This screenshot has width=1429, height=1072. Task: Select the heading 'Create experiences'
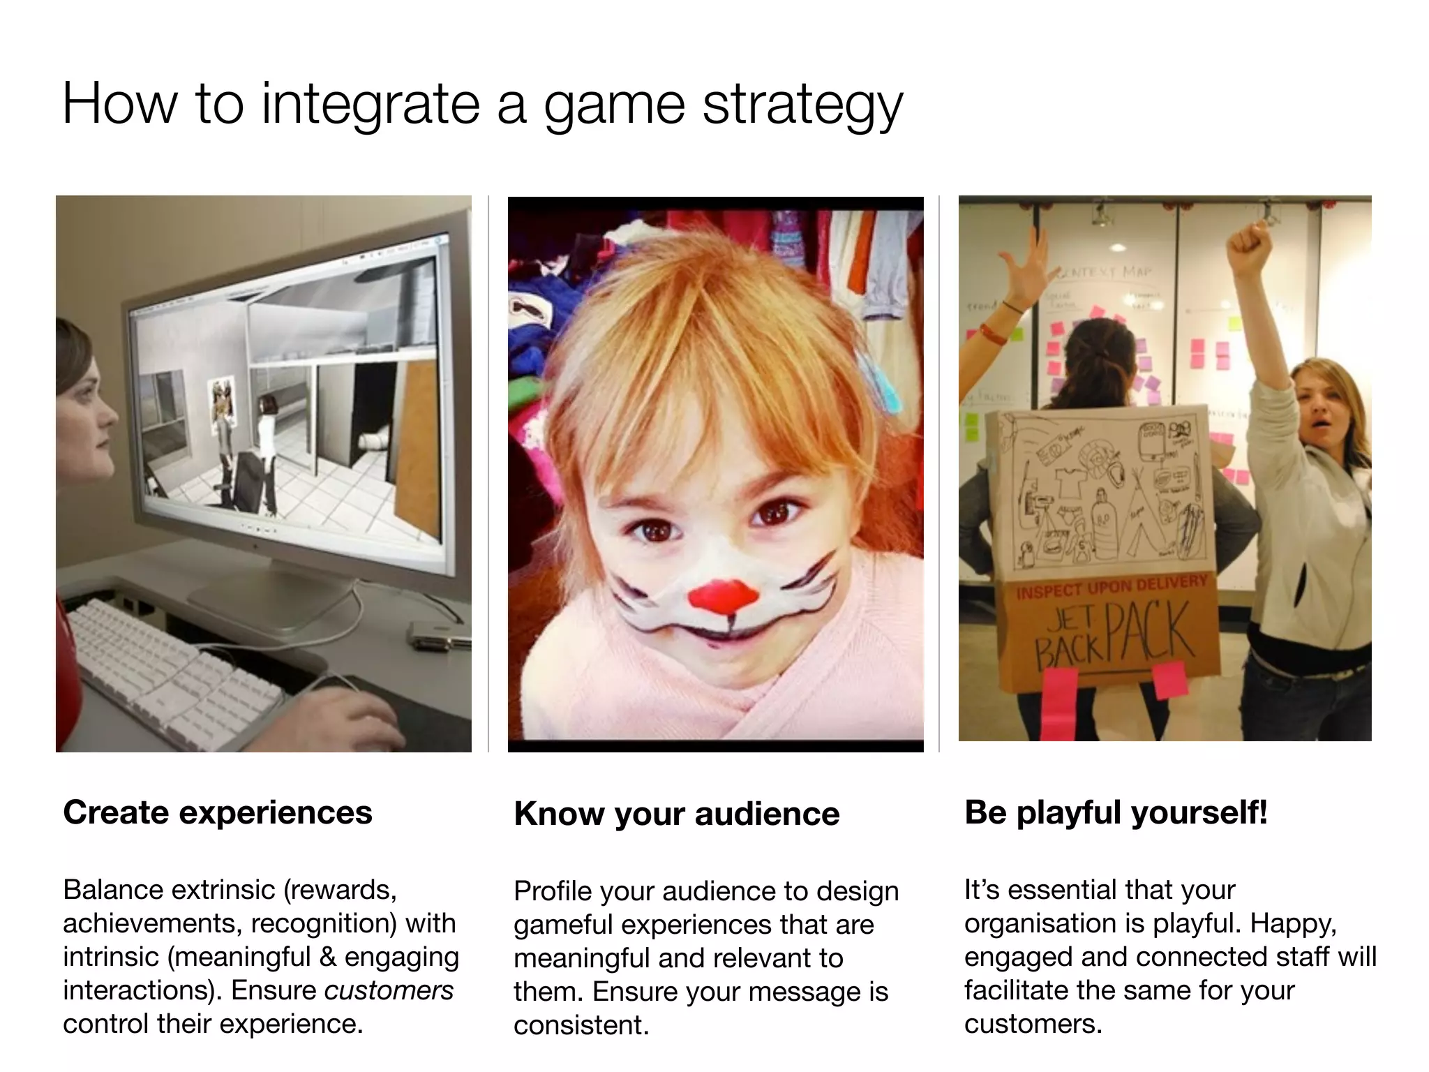[218, 812]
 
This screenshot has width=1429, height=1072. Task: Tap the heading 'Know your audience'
[677, 814]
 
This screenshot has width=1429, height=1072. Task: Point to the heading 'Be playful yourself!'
[1116, 812]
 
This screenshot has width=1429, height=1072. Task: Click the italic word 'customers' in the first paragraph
[389, 990]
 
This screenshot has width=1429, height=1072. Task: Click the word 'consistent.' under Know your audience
[581, 1025]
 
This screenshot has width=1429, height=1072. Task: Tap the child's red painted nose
[723, 595]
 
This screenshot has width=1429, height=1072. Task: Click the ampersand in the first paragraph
[327, 957]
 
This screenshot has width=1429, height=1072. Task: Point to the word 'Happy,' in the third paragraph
[1293, 923]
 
